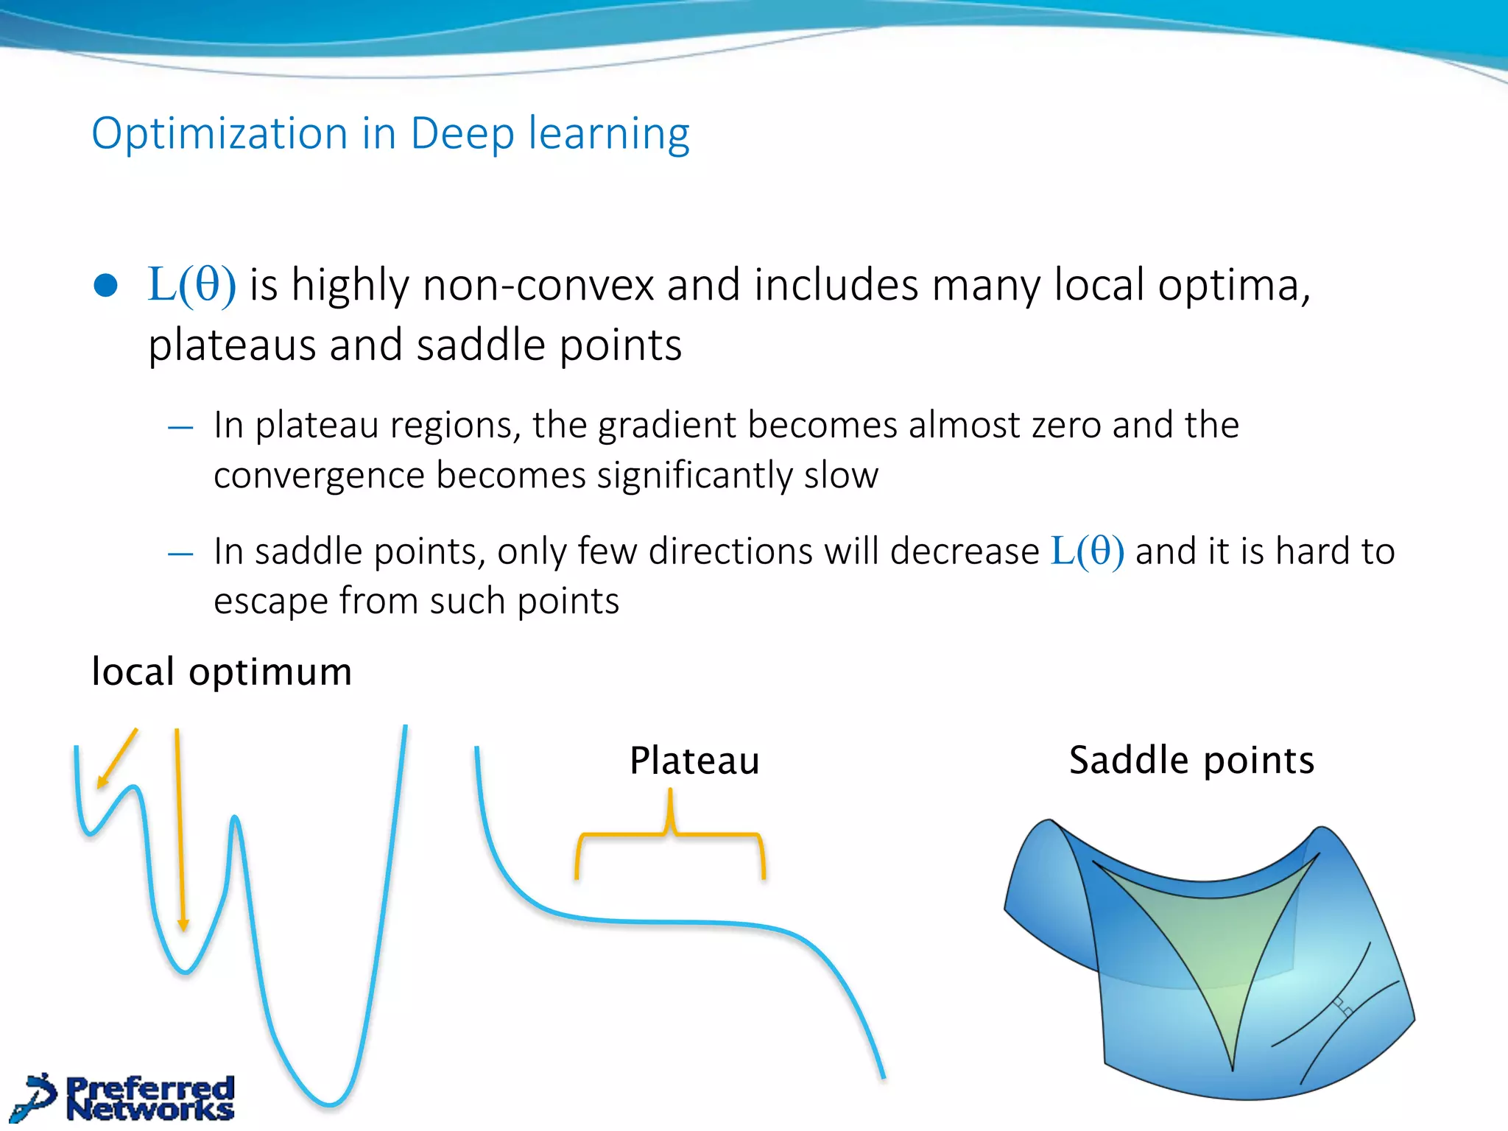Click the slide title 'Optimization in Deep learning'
[390, 134]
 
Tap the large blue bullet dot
[106, 286]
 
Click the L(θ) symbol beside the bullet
[191, 285]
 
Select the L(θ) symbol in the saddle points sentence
[1087, 551]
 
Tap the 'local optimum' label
[222, 672]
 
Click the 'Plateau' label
[694, 761]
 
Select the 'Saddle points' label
[1191, 760]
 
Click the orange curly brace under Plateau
[670, 834]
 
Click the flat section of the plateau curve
[663, 921]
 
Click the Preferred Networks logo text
[150, 1099]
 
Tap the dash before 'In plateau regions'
[180, 427]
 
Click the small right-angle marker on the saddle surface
[1342, 1007]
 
